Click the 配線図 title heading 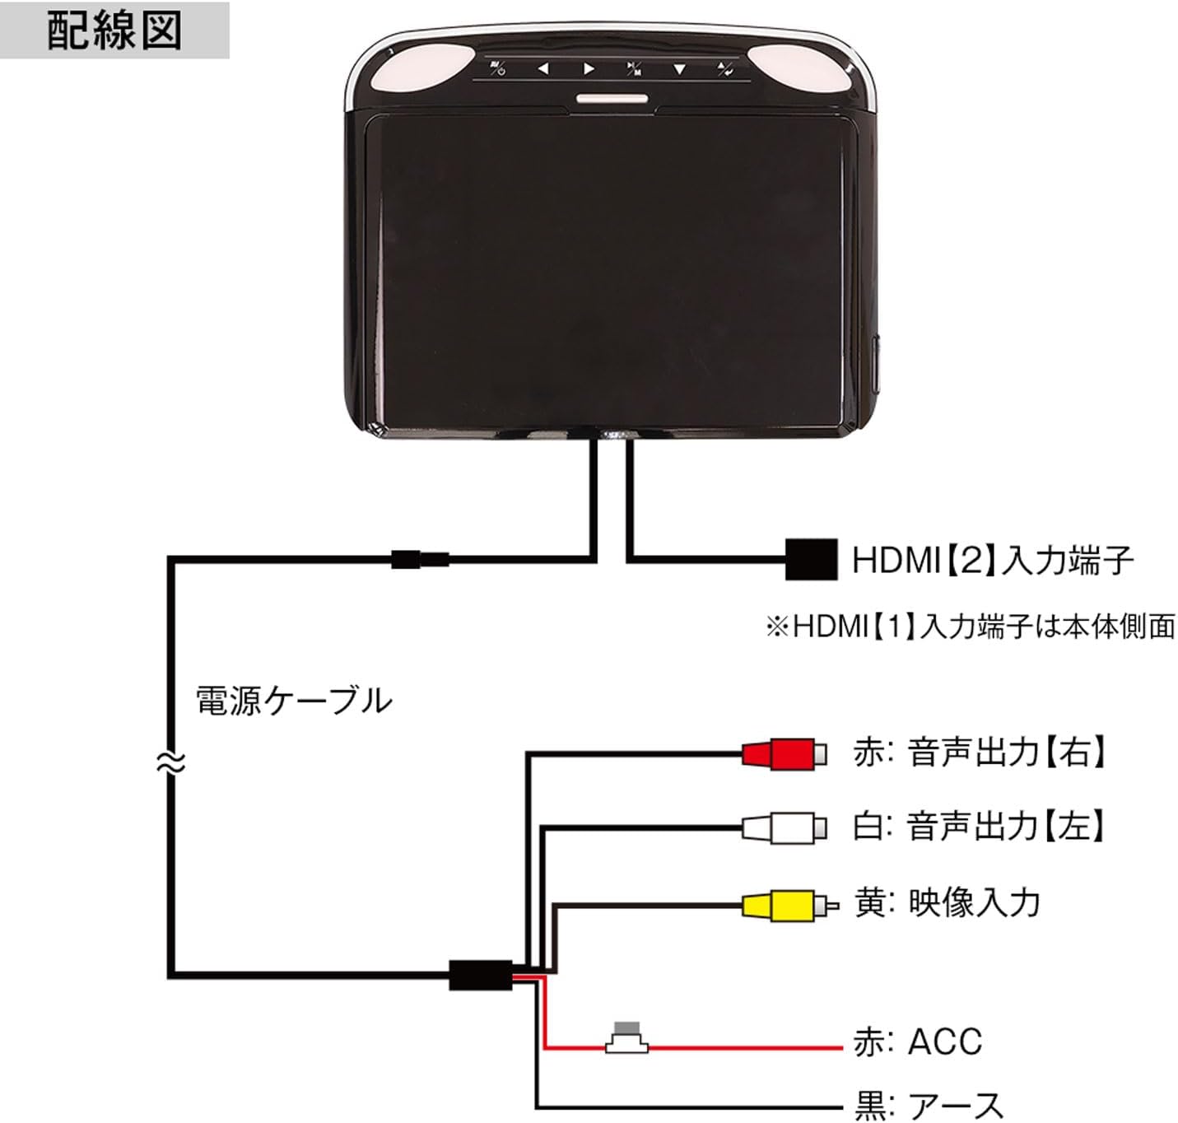114,30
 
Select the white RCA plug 783,827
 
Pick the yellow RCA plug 787,905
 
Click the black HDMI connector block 810,560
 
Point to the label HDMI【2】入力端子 992,561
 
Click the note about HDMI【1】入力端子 970,627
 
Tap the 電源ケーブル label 293,701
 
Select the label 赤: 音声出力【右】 980,753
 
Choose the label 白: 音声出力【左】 980,826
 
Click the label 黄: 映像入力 947,903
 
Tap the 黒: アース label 929,1105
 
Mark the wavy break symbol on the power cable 170,763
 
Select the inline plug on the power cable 420,560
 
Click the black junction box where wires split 481,976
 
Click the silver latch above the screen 611,100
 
